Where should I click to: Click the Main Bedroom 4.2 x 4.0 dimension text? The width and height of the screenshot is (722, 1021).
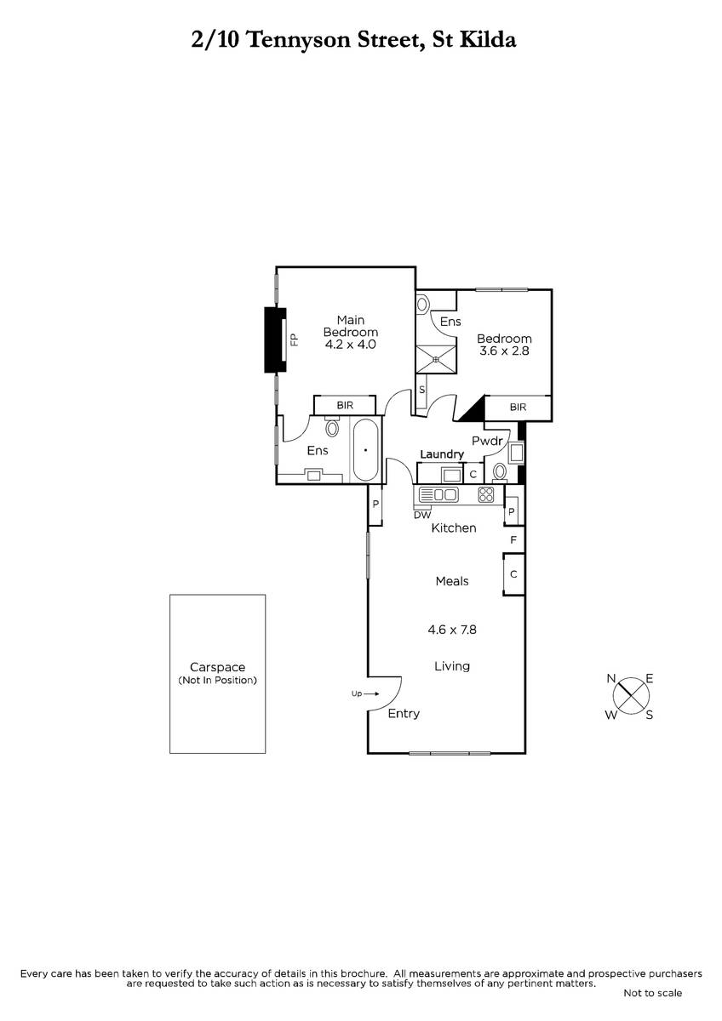(x=350, y=345)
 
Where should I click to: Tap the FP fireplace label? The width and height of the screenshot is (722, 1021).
(x=295, y=339)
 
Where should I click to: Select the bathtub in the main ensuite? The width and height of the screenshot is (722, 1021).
(x=365, y=450)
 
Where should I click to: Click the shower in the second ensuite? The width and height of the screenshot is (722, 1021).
(x=436, y=359)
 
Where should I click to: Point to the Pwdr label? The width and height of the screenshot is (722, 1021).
(x=487, y=441)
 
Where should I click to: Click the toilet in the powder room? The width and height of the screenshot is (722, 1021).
(x=500, y=472)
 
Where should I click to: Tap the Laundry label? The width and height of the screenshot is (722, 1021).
(x=442, y=454)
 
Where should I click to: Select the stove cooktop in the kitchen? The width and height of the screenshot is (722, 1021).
(x=486, y=495)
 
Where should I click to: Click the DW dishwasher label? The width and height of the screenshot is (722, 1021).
(x=422, y=515)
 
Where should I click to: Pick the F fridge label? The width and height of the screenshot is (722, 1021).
(x=513, y=540)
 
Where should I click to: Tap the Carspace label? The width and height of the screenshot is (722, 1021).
(x=218, y=667)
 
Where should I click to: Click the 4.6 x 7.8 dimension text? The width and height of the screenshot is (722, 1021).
(x=452, y=630)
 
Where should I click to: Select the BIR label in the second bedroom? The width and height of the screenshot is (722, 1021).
(x=518, y=407)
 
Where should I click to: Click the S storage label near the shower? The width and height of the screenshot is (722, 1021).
(x=422, y=390)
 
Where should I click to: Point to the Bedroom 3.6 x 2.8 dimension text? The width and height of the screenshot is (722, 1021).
(x=504, y=351)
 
